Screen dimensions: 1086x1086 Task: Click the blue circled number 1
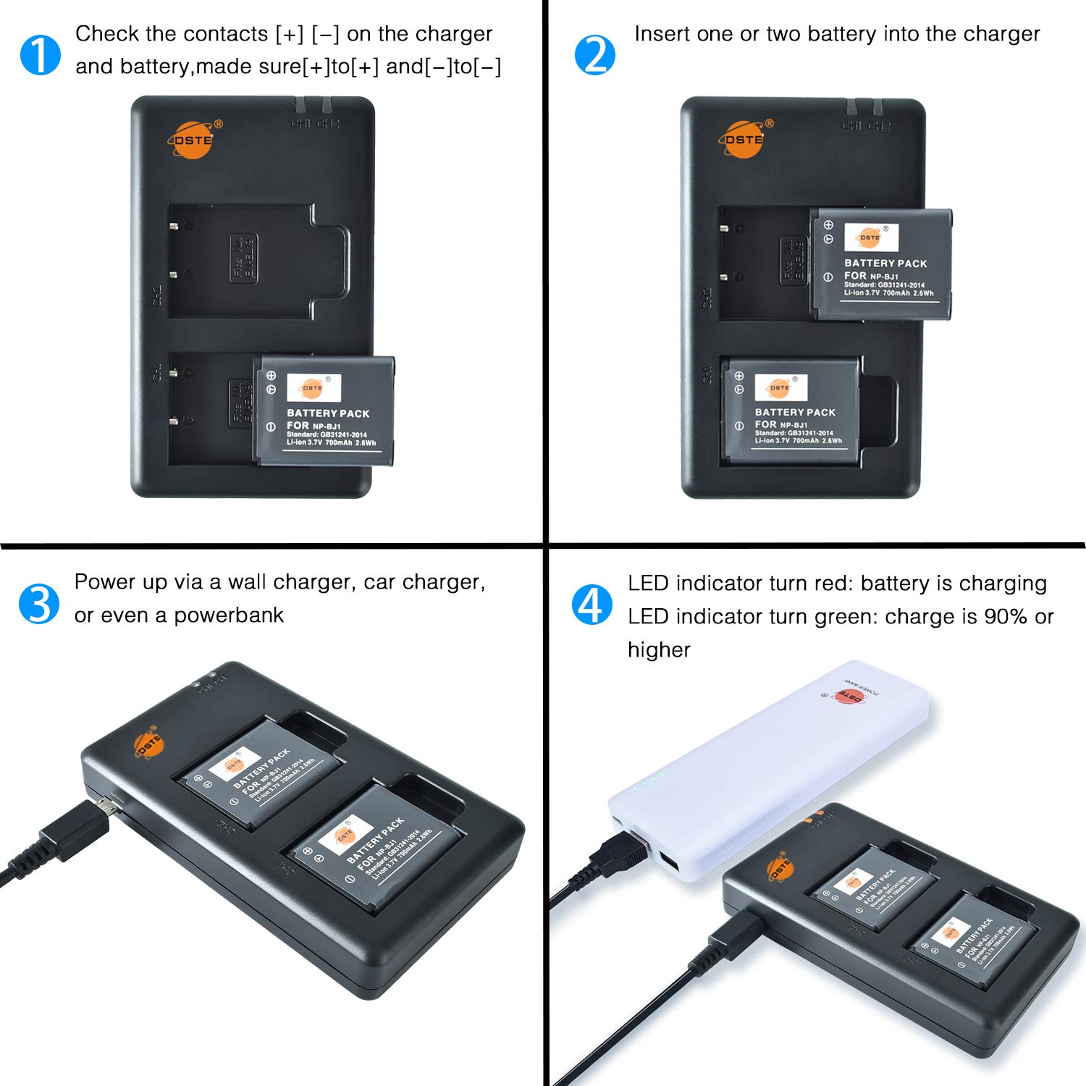pos(40,55)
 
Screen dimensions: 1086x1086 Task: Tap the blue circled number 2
pos(594,55)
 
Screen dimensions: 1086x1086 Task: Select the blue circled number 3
pos(39,604)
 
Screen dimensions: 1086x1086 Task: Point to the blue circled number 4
pos(592,605)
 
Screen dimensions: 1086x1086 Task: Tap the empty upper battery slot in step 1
pos(246,261)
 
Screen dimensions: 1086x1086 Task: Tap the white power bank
pos(767,767)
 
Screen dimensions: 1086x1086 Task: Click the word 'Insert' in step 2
pos(661,34)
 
